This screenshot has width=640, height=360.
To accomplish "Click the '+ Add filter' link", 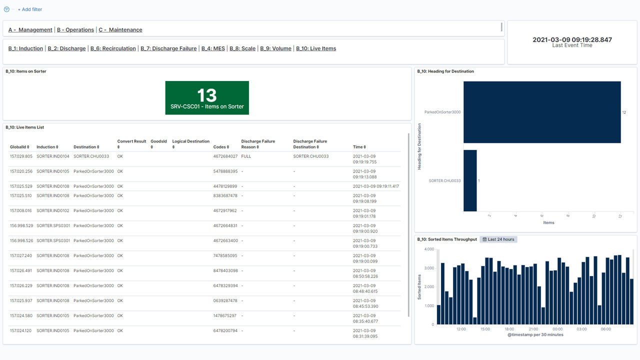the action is pos(29,9).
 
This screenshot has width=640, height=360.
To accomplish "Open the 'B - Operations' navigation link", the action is pos(75,29).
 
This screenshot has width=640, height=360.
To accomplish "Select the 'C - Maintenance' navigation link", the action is pos(120,29).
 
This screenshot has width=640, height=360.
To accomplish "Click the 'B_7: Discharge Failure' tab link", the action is pos(168,48).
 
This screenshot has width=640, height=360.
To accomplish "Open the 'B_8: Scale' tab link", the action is pos(242,48).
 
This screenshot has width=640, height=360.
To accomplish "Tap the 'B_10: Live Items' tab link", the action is pos(316,48).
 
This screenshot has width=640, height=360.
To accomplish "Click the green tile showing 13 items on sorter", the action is pos(207,97).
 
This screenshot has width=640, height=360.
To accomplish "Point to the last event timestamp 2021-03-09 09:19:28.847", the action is pos(572,39).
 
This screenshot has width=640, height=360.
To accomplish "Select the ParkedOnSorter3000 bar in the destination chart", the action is pos(542,112).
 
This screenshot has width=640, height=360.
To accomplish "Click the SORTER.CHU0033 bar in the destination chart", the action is pos(470,180).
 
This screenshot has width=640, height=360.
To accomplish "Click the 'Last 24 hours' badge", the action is pos(498,239).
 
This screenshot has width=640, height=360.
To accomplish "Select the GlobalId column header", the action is pos(19,147).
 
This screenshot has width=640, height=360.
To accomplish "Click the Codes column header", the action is pos(221,147).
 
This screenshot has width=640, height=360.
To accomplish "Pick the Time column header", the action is pos(359,147).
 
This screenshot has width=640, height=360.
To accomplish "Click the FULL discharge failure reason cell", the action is pos(246,156).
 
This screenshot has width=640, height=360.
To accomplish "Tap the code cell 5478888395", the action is pos(225,171).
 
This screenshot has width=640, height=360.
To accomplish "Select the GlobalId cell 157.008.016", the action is pos(21,210).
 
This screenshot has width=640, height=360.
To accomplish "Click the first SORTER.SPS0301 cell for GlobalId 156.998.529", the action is pos(53,225).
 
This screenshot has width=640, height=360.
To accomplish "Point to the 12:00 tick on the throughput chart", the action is pos(461,329).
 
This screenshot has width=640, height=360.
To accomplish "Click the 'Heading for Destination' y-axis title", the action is pos(419,146).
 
